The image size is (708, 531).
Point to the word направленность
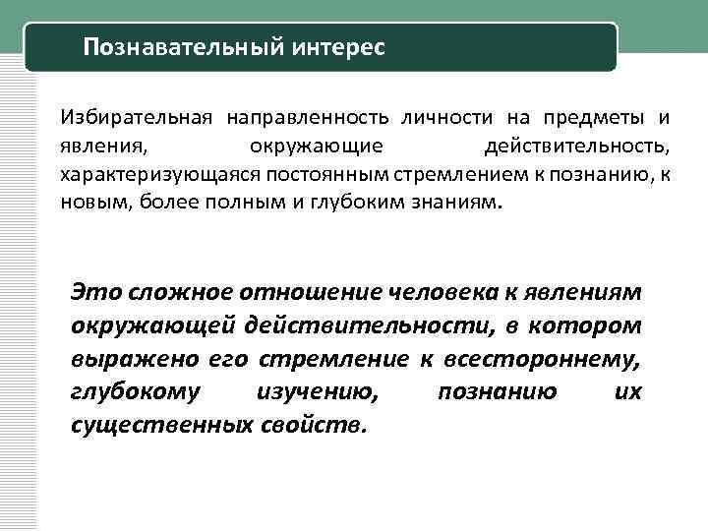(309, 118)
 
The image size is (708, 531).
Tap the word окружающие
(316, 147)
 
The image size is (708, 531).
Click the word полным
(268, 204)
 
